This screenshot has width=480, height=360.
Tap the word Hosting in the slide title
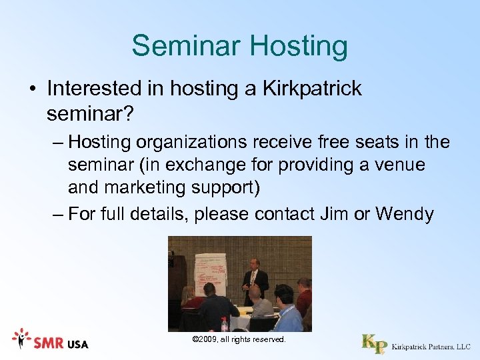click(298, 47)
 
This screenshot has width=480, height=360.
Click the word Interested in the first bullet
click(93, 89)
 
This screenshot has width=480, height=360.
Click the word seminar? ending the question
click(90, 115)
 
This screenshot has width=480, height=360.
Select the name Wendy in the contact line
click(405, 214)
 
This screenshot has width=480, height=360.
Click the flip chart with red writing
click(209, 273)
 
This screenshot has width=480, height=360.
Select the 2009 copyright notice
click(239, 340)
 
